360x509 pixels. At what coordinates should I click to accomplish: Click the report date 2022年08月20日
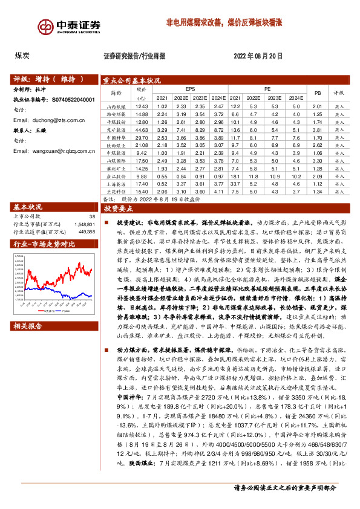[x=258, y=56]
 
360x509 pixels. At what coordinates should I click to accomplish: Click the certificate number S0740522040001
[x=69, y=99]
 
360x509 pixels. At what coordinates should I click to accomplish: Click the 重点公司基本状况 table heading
[x=131, y=79]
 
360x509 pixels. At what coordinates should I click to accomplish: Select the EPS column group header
[x=191, y=88]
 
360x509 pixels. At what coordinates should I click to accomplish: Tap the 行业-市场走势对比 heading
[x=45, y=244]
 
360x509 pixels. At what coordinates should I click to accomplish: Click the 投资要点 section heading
[x=118, y=207]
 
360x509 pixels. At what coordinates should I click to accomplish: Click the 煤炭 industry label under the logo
[x=23, y=56]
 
